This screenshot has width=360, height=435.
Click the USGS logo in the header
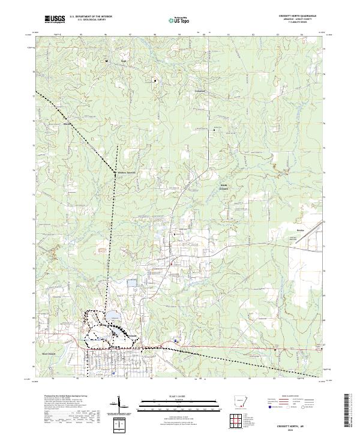[55, 20]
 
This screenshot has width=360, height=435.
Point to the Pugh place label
[124, 61]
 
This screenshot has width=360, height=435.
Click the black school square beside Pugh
[107, 61]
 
